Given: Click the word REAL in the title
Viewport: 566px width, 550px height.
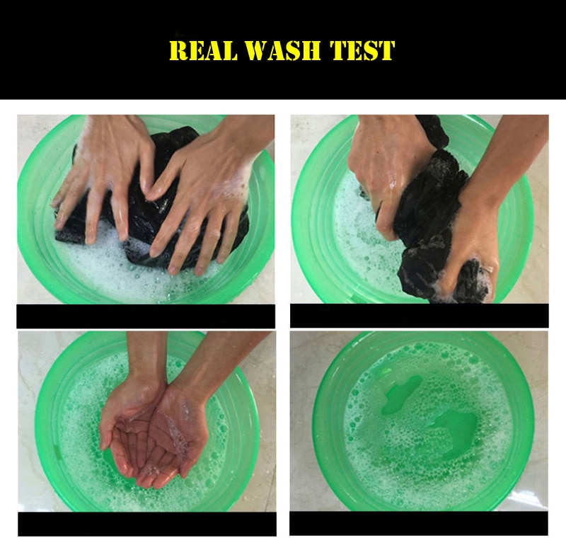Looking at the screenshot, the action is (204, 50).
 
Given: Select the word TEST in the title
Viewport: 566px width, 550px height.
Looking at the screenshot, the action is (362, 50).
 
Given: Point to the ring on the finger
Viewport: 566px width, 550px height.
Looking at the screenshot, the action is (488, 269).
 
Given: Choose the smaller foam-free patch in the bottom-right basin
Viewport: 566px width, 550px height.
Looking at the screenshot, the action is (400, 394).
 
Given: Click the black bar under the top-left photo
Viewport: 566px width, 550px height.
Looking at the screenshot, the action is (146, 316).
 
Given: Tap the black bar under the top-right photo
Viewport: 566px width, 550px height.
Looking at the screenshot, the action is (420, 316).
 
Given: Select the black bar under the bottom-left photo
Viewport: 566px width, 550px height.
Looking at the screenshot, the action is (147, 524).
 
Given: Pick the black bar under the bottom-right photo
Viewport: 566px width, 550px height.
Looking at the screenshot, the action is (419, 523).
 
